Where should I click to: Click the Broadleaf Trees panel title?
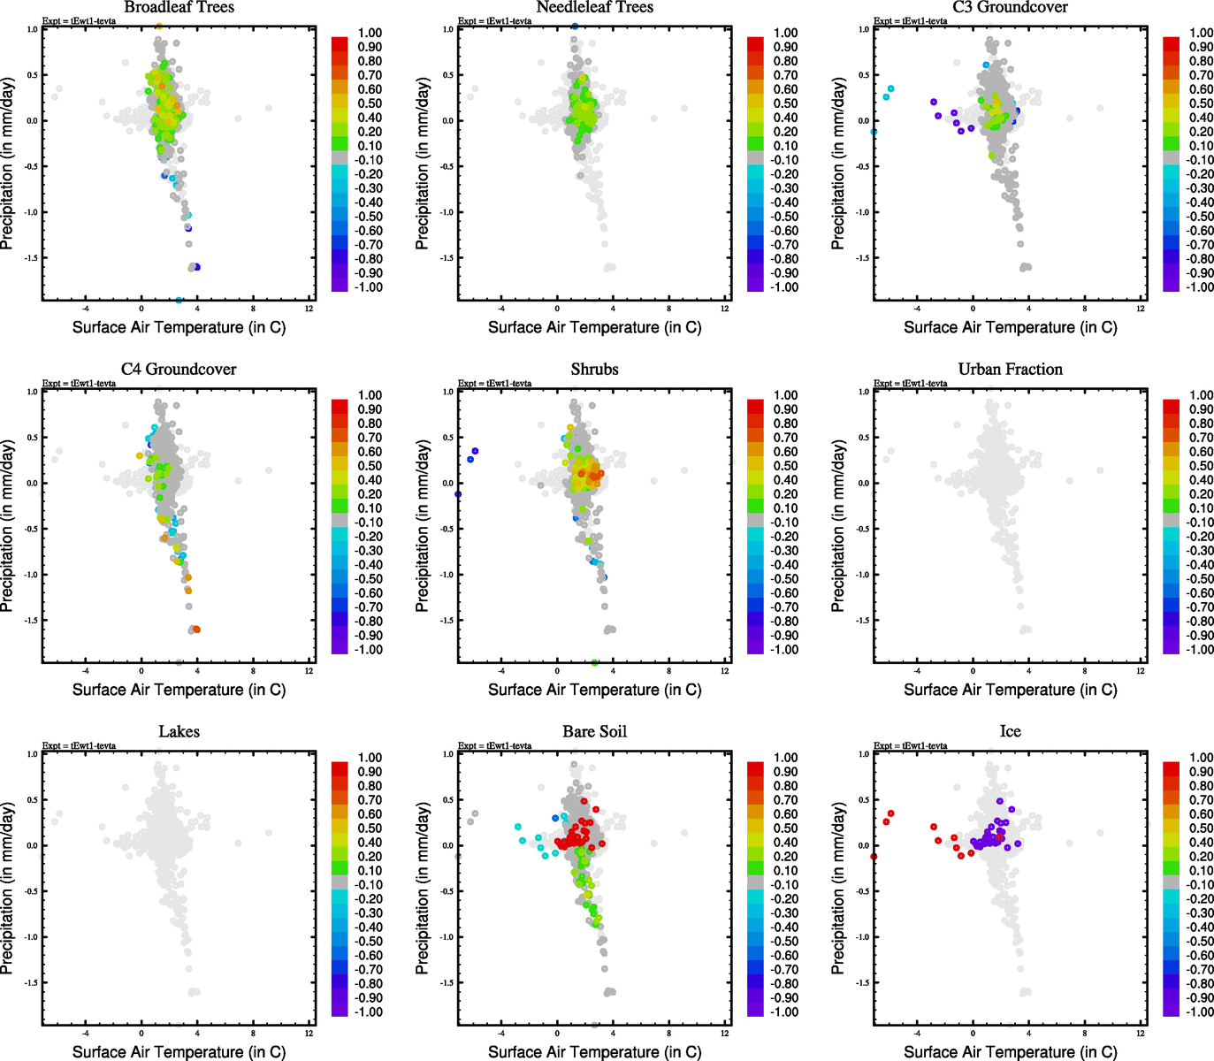(179, 8)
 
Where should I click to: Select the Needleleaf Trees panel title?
(594, 8)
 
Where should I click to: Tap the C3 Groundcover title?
(1010, 8)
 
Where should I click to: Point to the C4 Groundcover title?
(179, 370)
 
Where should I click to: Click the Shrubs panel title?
(594, 370)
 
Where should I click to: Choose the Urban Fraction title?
(1010, 370)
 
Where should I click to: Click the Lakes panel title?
(179, 732)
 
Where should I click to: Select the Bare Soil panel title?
(594, 732)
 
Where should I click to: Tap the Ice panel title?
(1010, 732)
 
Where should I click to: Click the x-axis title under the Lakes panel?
(179, 1051)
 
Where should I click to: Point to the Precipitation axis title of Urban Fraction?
(838, 527)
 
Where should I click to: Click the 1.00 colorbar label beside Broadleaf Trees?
(370, 33)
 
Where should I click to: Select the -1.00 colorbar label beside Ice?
(1199, 1011)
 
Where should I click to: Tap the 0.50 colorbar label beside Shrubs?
(785, 466)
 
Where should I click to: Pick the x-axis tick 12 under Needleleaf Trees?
(725, 309)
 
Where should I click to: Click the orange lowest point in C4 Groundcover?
(196, 630)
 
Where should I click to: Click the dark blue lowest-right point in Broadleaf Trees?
(196, 267)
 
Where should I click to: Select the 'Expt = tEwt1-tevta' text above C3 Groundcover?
(910, 21)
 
